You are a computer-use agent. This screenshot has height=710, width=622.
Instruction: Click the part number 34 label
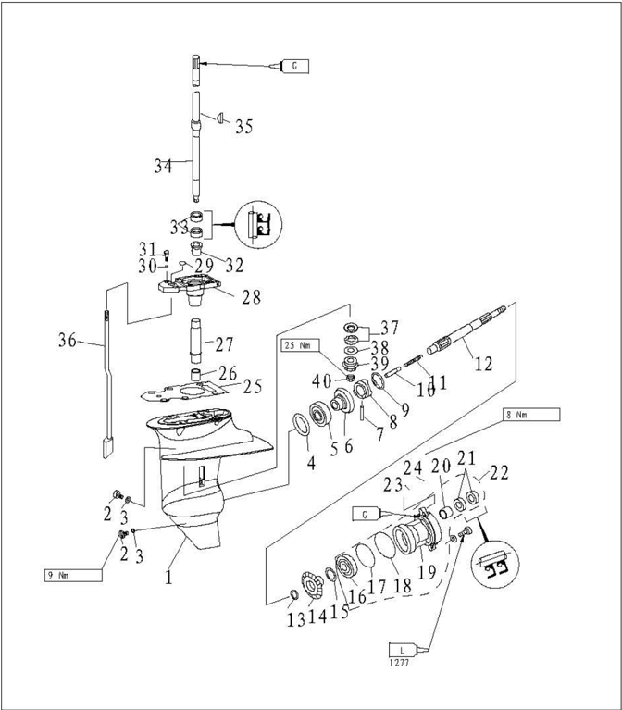tap(164, 167)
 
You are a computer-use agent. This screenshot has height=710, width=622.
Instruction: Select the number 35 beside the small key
tap(243, 127)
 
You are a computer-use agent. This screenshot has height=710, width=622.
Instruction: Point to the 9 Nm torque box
tap(72, 575)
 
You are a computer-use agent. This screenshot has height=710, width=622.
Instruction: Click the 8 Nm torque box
tap(531, 416)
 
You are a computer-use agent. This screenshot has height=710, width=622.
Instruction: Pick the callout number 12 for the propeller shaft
tap(483, 364)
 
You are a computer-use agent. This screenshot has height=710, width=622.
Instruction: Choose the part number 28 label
tap(250, 297)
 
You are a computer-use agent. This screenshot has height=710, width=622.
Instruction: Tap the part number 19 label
tap(427, 573)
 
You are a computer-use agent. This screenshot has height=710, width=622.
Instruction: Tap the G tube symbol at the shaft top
tap(294, 66)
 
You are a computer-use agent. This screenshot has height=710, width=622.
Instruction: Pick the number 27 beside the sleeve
tap(224, 344)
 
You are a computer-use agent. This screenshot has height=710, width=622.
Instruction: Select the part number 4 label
tap(311, 460)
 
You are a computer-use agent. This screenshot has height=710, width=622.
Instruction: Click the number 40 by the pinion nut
tap(320, 381)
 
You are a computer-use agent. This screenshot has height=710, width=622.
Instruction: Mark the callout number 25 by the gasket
tap(252, 386)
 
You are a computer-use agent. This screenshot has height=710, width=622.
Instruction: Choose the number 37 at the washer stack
tap(389, 328)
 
